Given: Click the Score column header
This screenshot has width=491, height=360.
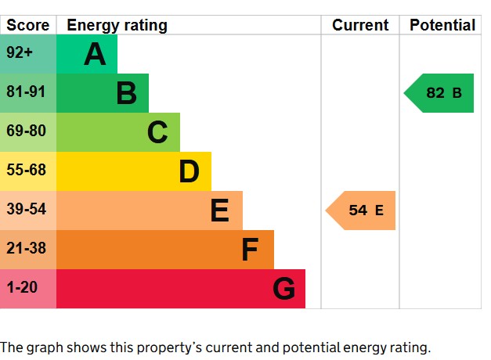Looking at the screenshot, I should click(28, 25).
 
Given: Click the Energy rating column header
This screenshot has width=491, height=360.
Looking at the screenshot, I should click(117, 25).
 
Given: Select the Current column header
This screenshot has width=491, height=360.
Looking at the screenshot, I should click(360, 25).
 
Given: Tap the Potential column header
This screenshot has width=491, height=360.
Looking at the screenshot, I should click(442, 25).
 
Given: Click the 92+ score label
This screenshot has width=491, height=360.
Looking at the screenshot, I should click(20, 54).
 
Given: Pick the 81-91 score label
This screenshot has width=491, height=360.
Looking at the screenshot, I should click(26, 92).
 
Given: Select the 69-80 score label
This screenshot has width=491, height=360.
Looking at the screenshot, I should click(26, 131).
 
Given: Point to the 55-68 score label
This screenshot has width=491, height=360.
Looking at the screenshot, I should click(26, 171).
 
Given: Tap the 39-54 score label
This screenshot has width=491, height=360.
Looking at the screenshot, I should click(26, 210).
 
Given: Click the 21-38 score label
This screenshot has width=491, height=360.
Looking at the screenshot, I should click(26, 249).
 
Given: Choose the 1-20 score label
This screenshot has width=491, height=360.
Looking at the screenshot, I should click(22, 288).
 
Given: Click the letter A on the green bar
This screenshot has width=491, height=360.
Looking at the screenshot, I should click(95, 55).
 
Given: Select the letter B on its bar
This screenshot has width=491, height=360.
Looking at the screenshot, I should click(126, 94).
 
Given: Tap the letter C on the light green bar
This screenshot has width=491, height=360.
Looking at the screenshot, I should click(157, 133).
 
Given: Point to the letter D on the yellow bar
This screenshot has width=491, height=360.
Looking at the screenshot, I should click(189, 172).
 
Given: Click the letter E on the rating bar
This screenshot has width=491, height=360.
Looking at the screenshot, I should click(220, 211).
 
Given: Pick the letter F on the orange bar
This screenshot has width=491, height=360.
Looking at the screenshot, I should click(250, 250).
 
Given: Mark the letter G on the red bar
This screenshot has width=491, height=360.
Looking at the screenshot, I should click(283, 290).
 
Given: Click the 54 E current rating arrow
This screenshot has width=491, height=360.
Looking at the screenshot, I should click(362, 211).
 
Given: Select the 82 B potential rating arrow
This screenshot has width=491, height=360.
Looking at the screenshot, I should click(440, 93).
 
